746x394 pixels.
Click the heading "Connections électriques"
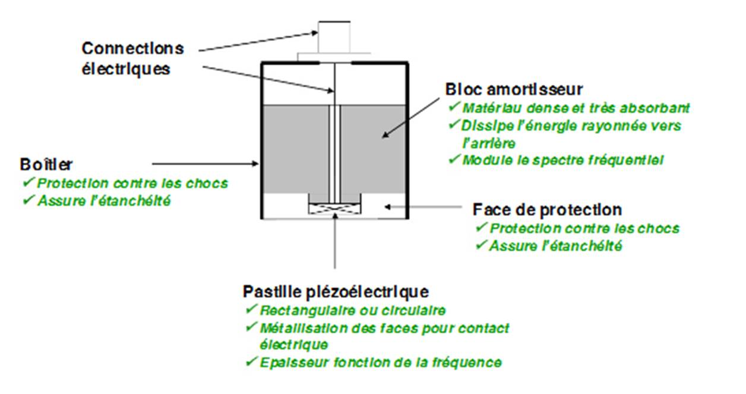coord(132,58)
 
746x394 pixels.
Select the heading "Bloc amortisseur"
coord(514,89)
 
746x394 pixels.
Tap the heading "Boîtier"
coord(46,164)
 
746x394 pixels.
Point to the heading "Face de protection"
coord(547,210)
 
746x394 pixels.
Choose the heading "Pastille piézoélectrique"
coord(336,292)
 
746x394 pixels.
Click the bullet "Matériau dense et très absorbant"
coord(576,108)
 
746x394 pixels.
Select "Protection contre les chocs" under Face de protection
coord(584,228)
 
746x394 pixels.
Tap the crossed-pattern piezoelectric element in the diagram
coord(335,208)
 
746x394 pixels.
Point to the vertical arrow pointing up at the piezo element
coord(335,241)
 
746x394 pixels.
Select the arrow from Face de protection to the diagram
coord(423,207)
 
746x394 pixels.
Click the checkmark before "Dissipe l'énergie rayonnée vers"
coord(454,125)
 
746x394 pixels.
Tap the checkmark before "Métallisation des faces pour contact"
coord(250,327)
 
